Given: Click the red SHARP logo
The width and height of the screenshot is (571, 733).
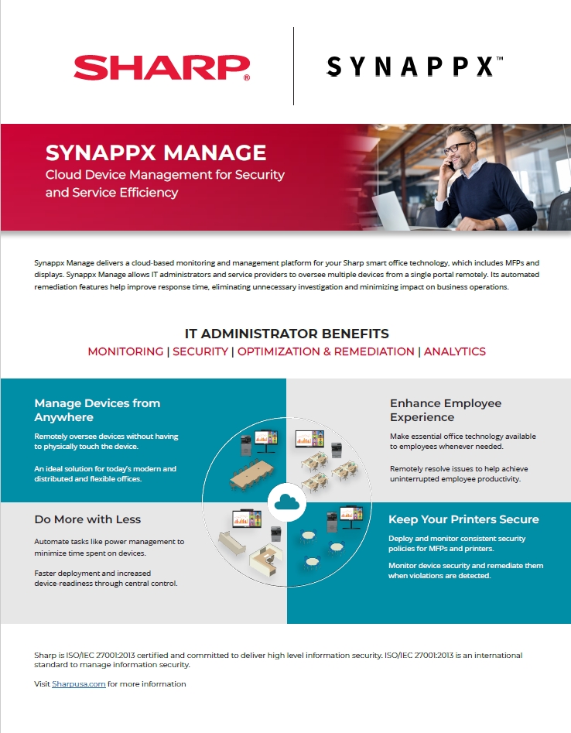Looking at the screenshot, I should pos(162,67).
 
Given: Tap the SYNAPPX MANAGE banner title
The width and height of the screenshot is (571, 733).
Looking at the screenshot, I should pos(156,152).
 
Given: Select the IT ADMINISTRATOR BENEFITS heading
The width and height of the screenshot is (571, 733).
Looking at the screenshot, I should pos(286,334).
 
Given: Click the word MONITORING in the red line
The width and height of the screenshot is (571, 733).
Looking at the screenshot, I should pos(125,351).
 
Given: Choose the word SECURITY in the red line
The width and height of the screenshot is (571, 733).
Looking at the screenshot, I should pos(200,351).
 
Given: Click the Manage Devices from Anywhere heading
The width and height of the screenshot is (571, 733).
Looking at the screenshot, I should pos(97,410).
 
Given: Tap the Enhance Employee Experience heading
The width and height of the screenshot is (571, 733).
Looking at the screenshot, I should pos(446,410).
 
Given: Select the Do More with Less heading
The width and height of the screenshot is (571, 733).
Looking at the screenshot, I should pos(87,519).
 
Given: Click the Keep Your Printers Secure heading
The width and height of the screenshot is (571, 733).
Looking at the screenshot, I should pos(463,519).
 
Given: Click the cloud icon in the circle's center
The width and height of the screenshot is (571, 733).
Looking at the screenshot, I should pos(286,503).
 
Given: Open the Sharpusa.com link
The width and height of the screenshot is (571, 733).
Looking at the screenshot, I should pos(79,684).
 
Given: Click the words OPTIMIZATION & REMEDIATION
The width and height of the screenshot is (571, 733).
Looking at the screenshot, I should pos(326,351).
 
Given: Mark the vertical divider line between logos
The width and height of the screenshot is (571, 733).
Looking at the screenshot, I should pos(293,66).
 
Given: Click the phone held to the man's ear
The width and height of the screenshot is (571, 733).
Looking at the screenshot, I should pos(443,155).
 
